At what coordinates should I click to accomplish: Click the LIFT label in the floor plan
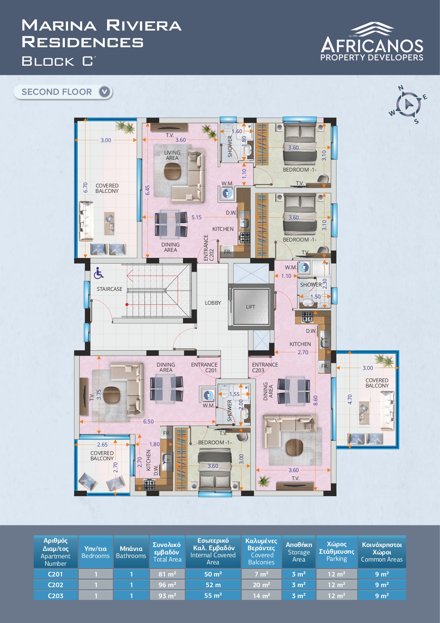(x=250, y=307)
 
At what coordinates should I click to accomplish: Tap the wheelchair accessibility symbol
(x=99, y=273)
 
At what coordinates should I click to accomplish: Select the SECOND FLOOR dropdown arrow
(x=104, y=92)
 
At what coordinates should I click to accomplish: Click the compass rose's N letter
(x=401, y=88)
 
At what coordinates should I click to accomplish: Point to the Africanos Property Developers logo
(x=372, y=42)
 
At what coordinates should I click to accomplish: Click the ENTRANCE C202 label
(x=209, y=248)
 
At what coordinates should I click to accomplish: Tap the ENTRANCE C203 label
(x=265, y=367)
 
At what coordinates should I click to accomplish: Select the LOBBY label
(x=213, y=303)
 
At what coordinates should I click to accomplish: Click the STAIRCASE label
(x=110, y=289)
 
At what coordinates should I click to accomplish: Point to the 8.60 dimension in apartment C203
(x=316, y=400)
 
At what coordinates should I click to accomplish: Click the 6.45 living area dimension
(x=147, y=190)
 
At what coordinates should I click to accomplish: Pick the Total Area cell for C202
(x=167, y=585)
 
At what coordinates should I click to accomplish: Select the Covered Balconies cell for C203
(x=261, y=596)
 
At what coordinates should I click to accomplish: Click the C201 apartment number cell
(x=55, y=574)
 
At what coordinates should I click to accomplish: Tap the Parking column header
(x=336, y=551)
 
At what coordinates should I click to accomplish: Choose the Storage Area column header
(x=299, y=552)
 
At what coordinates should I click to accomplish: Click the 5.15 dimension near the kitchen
(x=196, y=217)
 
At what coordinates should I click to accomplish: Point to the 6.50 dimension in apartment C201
(x=148, y=422)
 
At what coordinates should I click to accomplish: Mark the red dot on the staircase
(x=127, y=304)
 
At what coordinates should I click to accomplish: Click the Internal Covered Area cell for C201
(x=213, y=574)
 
